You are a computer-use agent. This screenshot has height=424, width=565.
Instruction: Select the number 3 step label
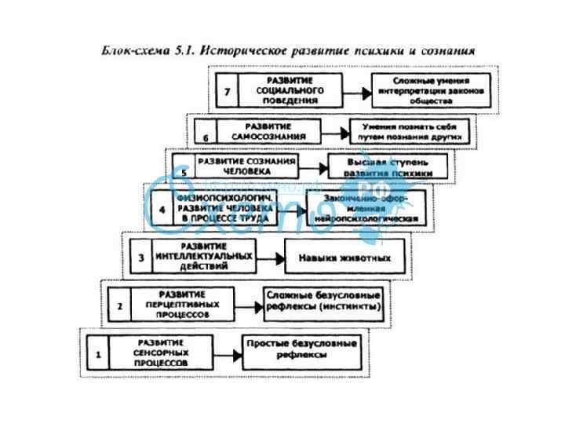[141, 258]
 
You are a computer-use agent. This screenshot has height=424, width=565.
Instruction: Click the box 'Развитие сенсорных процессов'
[160, 354]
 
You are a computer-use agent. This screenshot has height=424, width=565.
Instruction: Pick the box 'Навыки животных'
[343, 258]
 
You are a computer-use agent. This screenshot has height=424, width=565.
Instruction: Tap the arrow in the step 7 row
[358, 92]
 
